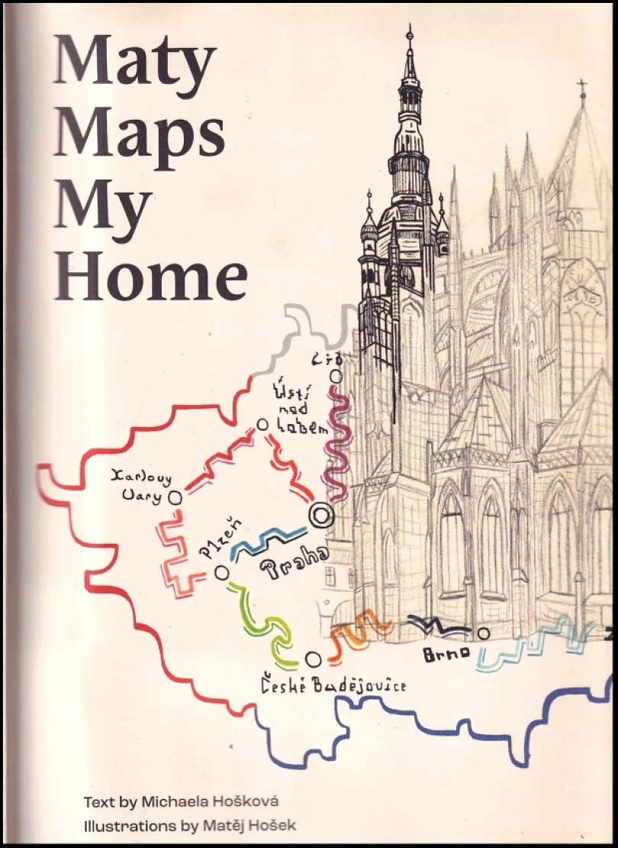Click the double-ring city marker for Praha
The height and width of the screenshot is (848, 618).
pos(320,516)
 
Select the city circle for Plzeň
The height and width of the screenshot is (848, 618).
pos(222,571)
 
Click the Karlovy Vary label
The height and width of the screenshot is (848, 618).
pos(141,486)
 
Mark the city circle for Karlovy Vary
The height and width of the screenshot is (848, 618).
pos(175,497)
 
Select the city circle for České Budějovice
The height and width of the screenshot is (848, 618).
pos(313,659)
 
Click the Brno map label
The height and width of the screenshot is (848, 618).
pos(443,655)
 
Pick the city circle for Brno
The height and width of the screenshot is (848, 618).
pos(483,633)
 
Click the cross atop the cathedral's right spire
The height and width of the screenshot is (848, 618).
pos(582,90)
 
